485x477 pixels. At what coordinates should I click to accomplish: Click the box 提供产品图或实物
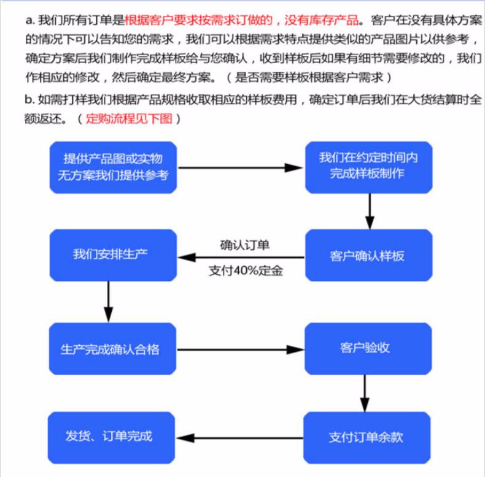tap(113, 167)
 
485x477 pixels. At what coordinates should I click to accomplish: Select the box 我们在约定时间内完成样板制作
tap(369, 167)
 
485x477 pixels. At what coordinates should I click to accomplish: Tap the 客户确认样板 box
tap(369, 255)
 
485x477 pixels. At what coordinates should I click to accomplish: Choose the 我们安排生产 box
tap(113, 255)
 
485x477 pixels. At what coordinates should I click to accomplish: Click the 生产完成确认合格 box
tap(112, 349)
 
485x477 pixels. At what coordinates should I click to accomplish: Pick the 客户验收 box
tap(368, 349)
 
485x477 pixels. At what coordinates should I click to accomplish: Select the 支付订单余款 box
tap(367, 438)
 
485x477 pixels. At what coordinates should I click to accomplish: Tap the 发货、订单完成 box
tap(111, 438)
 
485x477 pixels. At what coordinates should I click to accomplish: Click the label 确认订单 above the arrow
tap(245, 245)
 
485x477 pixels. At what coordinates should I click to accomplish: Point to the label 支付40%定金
tap(246, 270)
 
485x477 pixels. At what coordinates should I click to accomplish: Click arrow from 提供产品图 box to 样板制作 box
tap(241, 168)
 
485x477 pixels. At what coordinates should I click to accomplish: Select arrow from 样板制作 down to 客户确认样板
tap(370, 212)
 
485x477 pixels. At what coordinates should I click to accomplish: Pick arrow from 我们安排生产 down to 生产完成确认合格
tap(108, 302)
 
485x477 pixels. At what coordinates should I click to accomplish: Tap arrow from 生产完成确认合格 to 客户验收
tap(241, 349)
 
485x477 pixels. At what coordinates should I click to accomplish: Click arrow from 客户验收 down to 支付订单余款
tap(365, 394)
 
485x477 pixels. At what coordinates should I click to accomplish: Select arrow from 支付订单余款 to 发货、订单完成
tap(239, 438)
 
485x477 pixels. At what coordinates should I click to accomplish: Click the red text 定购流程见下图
tap(129, 118)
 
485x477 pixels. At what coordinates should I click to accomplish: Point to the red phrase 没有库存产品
tap(322, 20)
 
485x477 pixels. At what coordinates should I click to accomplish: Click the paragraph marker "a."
tap(30, 21)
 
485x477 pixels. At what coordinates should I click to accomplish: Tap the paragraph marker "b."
tap(29, 99)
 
